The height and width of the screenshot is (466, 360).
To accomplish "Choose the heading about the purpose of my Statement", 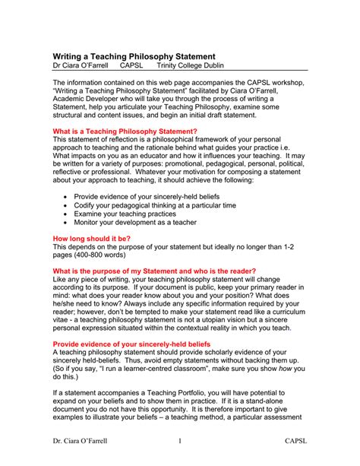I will tap(153, 271).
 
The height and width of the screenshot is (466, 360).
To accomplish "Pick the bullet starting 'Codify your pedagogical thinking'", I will tap(155, 205).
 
